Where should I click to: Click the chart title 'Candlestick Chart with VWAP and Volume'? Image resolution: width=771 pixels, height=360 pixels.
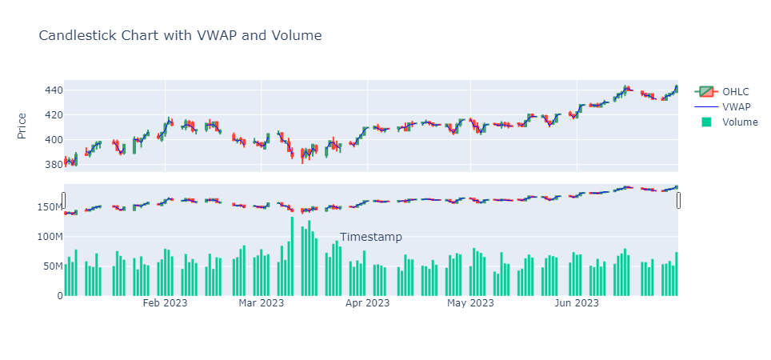pos(180,35)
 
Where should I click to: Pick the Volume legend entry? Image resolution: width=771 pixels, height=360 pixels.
pos(740,122)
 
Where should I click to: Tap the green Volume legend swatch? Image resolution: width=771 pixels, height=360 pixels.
pos(706,122)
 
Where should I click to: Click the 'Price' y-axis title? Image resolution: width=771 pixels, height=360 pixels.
pos(22,126)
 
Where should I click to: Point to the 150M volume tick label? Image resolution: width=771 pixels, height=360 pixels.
pos(45,207)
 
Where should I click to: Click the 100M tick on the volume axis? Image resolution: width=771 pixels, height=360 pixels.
pos(45,237)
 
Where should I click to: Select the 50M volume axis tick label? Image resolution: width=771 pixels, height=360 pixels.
pos(48,266)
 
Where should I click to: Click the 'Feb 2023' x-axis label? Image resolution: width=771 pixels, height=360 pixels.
pos(165,303)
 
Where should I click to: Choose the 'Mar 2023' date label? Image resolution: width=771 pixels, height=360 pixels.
pos(262,303)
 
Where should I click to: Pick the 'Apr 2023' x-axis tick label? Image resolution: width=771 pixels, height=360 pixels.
pos(367,303)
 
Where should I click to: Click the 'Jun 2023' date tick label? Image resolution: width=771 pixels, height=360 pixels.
pos(577,303)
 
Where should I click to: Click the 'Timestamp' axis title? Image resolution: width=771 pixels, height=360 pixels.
pos(370,237)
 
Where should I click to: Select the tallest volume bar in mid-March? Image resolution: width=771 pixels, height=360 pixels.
pos(293,256)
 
